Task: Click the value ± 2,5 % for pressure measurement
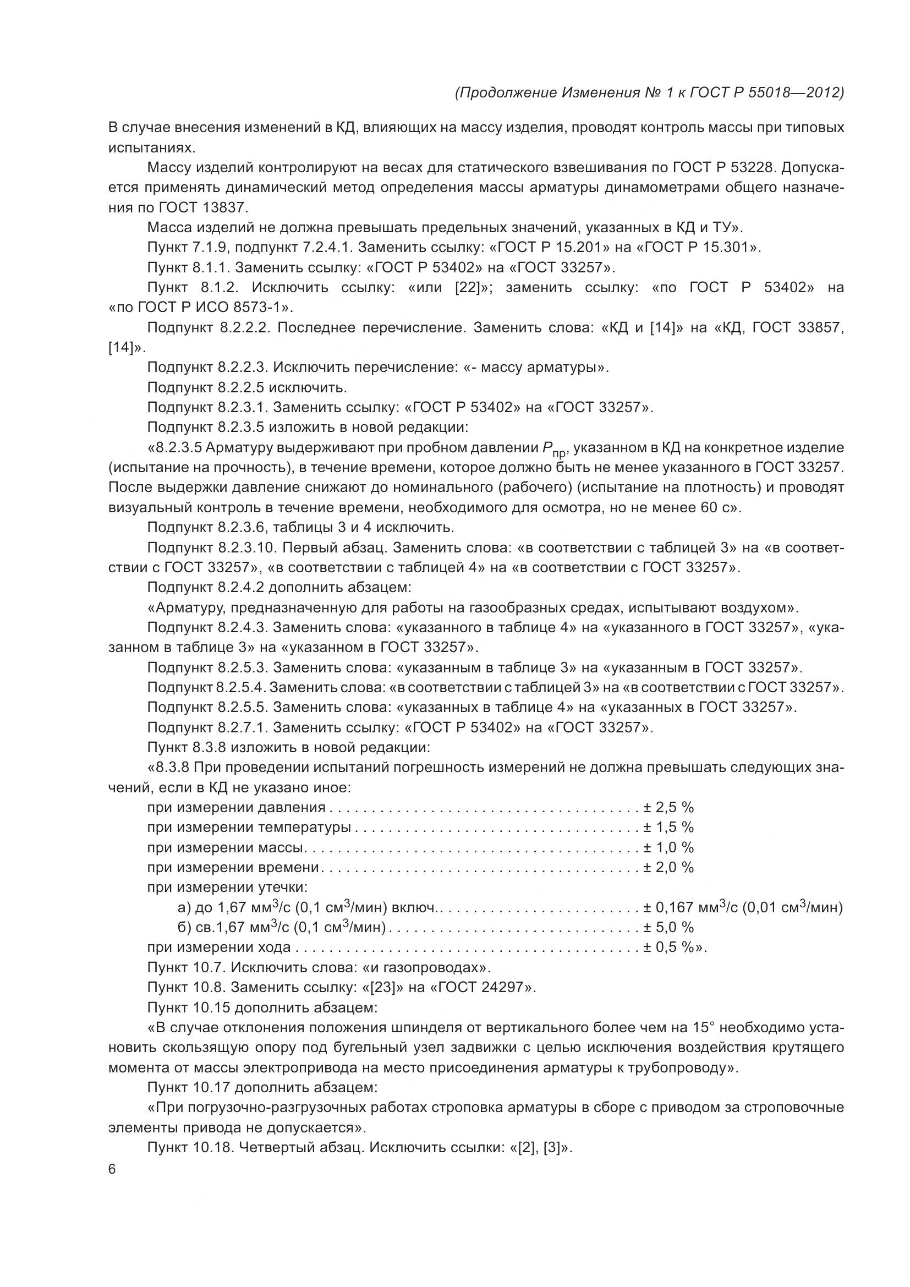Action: pyautogui.click(x=668, y=808)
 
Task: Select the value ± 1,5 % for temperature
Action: pyautogui.click(x=668, y=828)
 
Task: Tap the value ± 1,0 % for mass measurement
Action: pyautogui.click(x=668, y=847)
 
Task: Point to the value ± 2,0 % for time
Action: pyautogui.click(x=668, y=868)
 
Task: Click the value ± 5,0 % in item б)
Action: pyautogui.click(x=668, y=928)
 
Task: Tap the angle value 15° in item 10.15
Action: pyautogui.click(x=704, y=1028)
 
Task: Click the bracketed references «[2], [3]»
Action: pyautogui.click(x=538, y=1148)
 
